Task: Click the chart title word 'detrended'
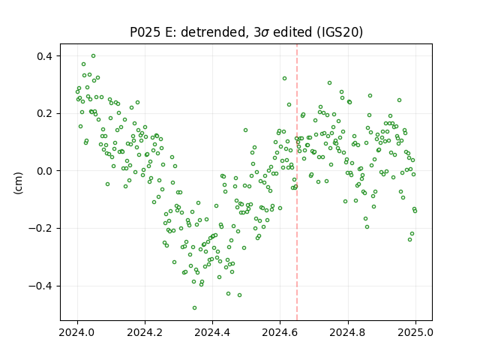pyautogui.click(x=214, y=32)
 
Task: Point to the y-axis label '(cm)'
pyautogui.click(x=18, y=183)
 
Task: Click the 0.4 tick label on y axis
pyautogui.click(x=46, y=56)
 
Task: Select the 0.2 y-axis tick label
pyautogui.click(x=46, y=113)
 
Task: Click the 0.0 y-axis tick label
pyautogui.click(x=46, y=171)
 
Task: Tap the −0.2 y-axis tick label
pyautogui.click(x=42, y=228)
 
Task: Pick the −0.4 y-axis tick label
pyautogui.click(x=42, y=286)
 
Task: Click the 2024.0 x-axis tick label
pyautogui.click(x=77, y=332)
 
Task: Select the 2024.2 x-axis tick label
pyautogui.click(x=145, y=332)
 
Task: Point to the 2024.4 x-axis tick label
pyautogui.click(x=212, y=332)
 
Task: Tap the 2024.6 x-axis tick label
pyautogui.click(x=280, y=332)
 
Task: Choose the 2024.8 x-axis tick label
pyautogui.click(x=348, y=332)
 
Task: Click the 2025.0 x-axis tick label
pyautogui.click(x=415, y=332)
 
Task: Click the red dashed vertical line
pyautogui.click(x=297, y=182)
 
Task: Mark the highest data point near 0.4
pyautogui.click(x=93, y=56)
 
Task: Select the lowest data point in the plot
pyautogui.click(x=194, y=308)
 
